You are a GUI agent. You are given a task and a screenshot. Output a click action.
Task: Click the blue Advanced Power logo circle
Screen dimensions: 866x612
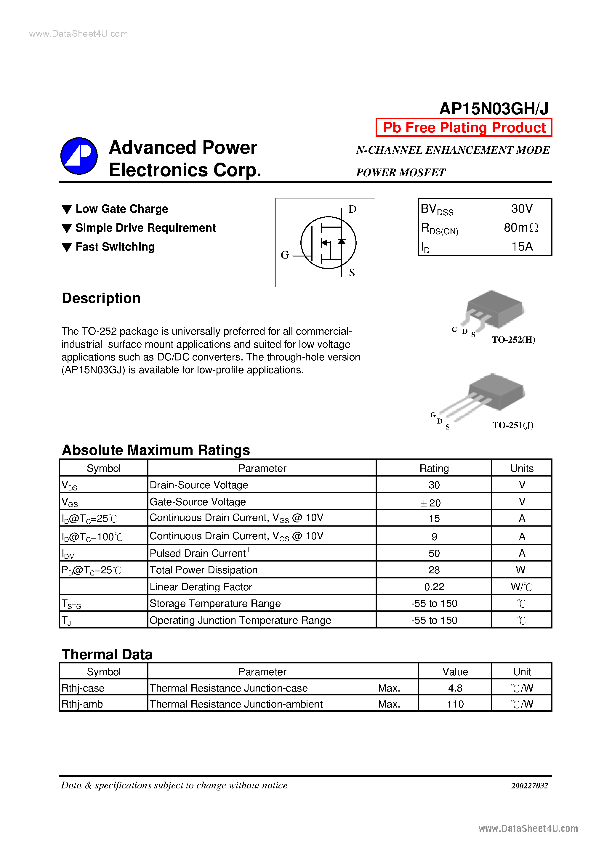coord(79,156)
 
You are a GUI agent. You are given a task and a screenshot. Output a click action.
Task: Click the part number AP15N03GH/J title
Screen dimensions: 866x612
coord(494,109)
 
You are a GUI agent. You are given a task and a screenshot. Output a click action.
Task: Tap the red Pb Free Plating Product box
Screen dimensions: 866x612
coord(464,127)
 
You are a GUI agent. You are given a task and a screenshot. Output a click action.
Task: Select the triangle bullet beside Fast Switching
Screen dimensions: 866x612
coord(67,247)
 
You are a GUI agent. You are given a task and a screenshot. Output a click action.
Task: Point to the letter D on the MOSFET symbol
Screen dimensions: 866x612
coord(352,209)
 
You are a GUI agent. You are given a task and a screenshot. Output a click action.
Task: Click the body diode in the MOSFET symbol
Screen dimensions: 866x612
coord(342,242)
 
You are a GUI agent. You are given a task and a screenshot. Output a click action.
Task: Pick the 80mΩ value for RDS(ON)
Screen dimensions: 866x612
coord(521,227)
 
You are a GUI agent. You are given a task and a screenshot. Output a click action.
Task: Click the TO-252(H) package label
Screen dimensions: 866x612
coord(513,339)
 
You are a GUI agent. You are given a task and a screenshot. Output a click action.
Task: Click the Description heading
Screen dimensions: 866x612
coord(101,298)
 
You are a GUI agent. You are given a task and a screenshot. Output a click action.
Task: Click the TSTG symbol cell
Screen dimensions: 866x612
coord(72,604)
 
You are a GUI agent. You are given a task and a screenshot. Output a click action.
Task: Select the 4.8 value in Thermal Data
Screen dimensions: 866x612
coord(455,688)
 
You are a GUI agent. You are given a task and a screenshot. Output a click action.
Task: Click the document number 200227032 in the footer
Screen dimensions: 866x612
coord(529,786)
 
